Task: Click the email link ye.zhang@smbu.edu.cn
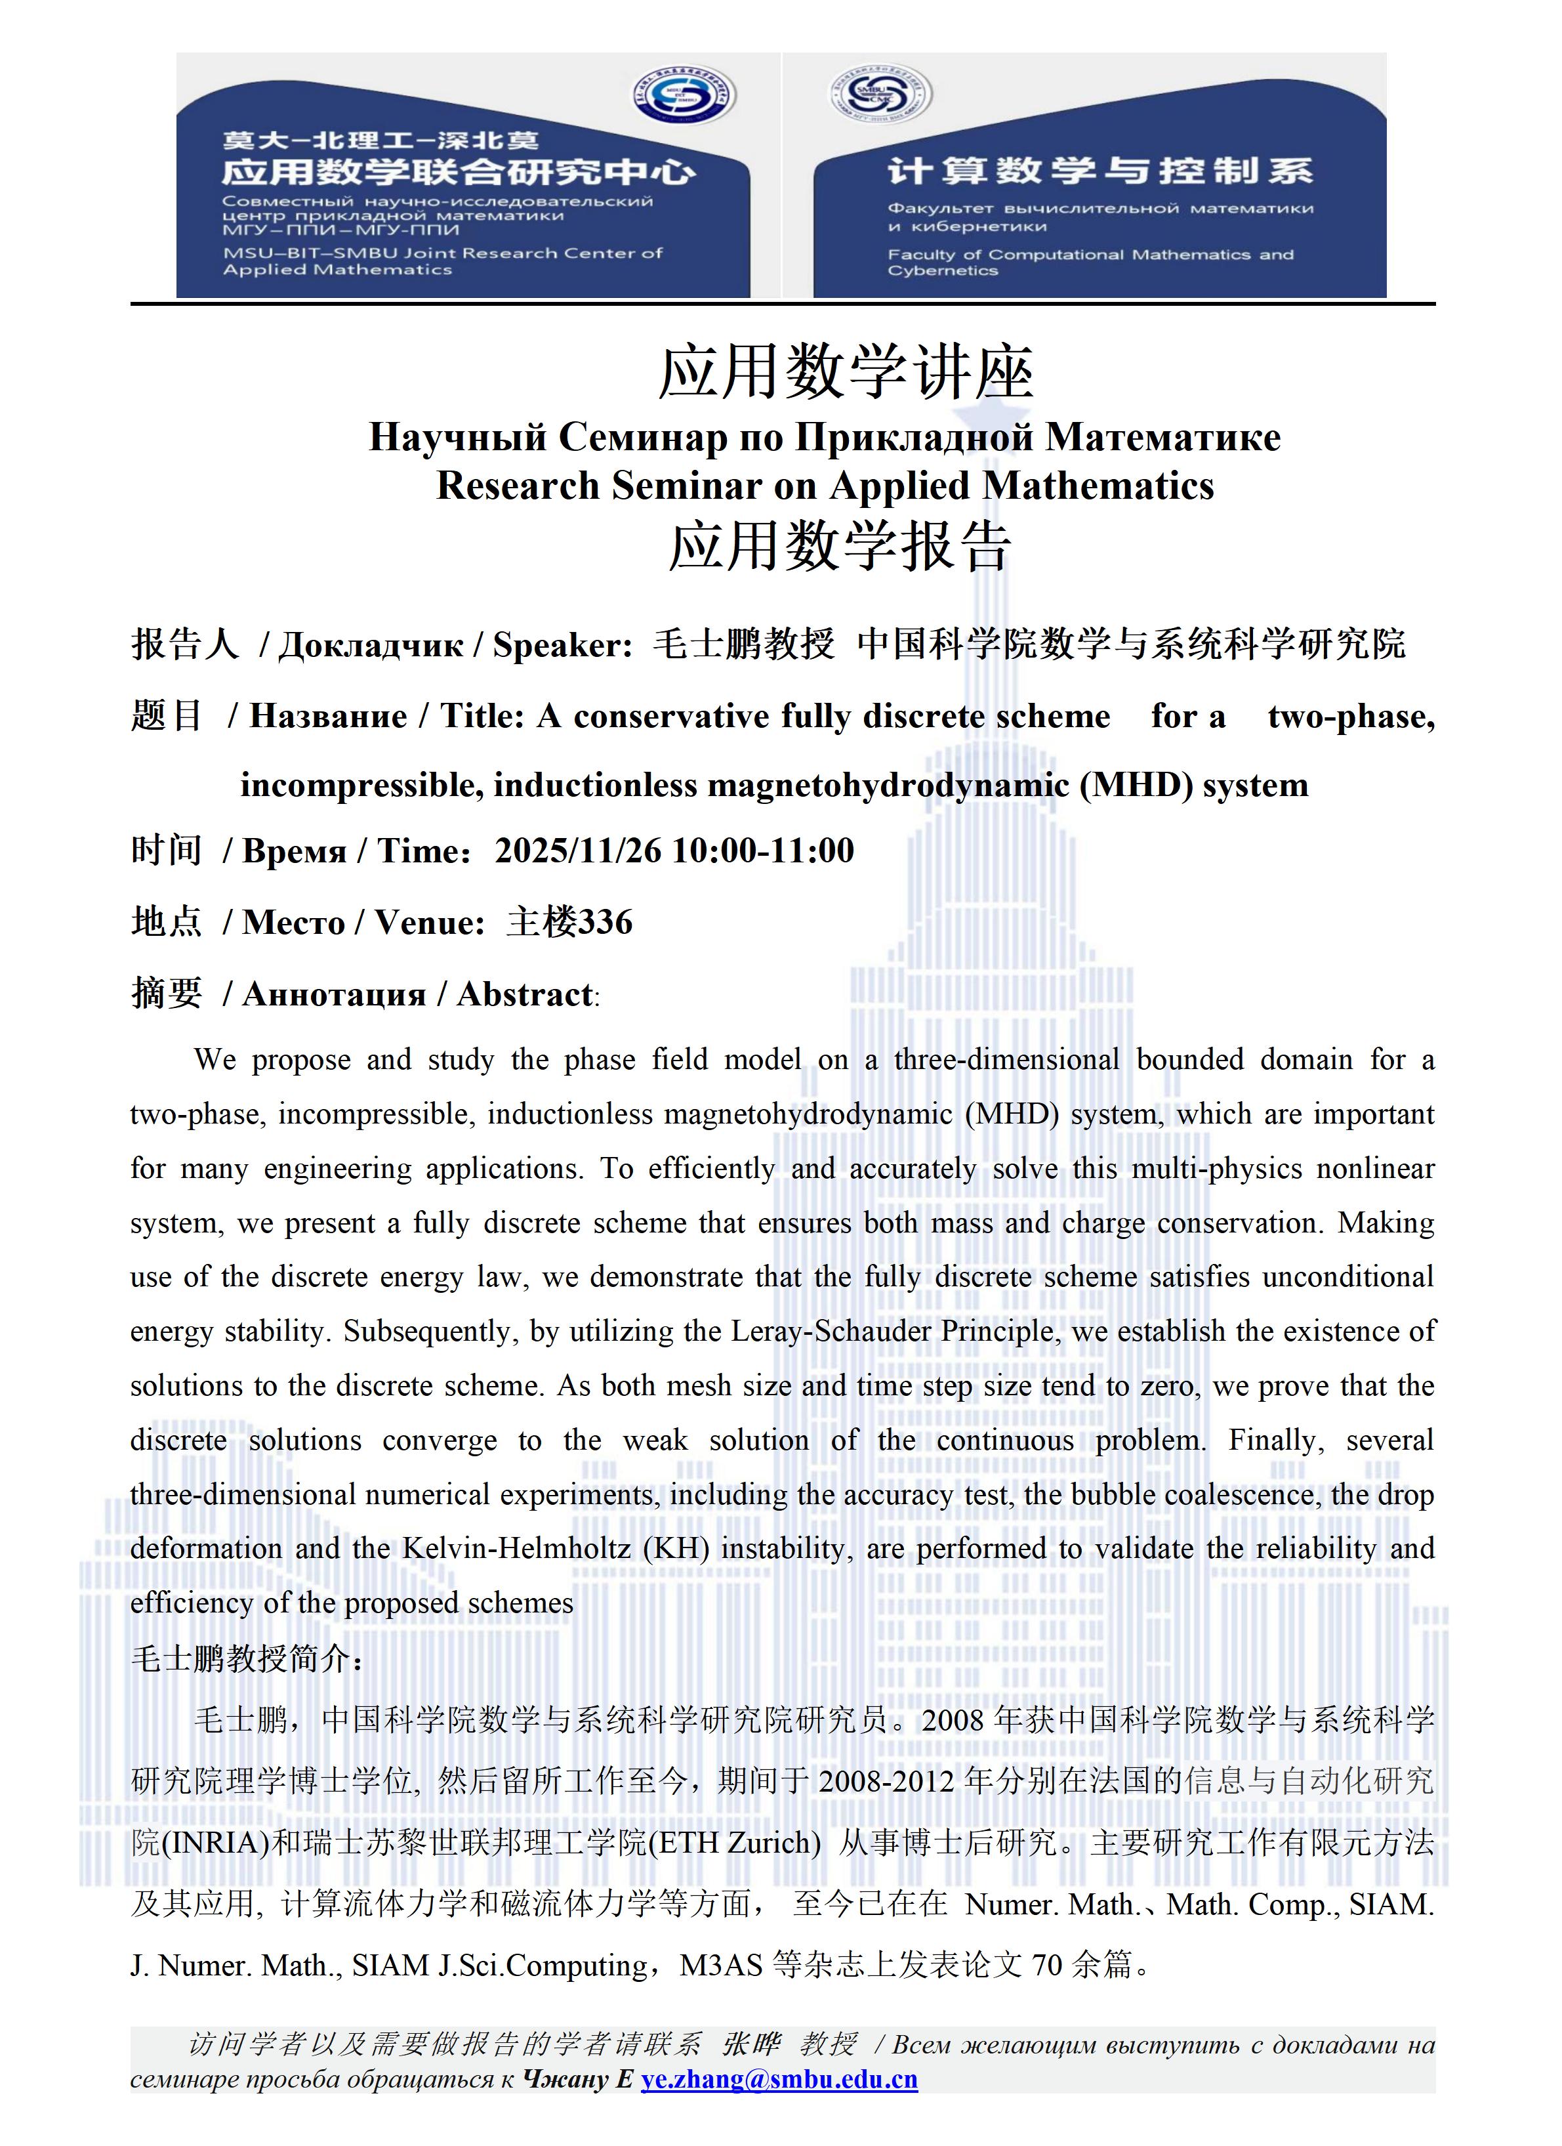coord(779,2079)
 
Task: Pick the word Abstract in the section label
coord(525,994)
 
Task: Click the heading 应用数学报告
coord(840,546)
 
